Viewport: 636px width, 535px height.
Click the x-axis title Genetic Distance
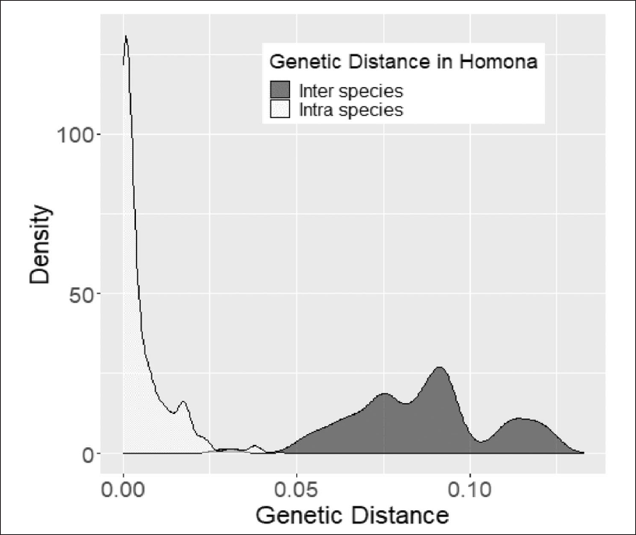(352, 515)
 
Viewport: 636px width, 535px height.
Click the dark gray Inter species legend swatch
(279, 89)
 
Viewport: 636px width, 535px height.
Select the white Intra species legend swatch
(279, 109)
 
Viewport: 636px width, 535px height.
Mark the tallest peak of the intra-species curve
(125, 36)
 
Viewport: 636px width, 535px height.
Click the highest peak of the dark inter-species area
(440, 369)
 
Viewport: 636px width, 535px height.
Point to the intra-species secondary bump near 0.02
(183, 402)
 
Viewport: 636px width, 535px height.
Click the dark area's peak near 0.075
(384, 394)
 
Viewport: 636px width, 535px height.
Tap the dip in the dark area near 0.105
(484, 441)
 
